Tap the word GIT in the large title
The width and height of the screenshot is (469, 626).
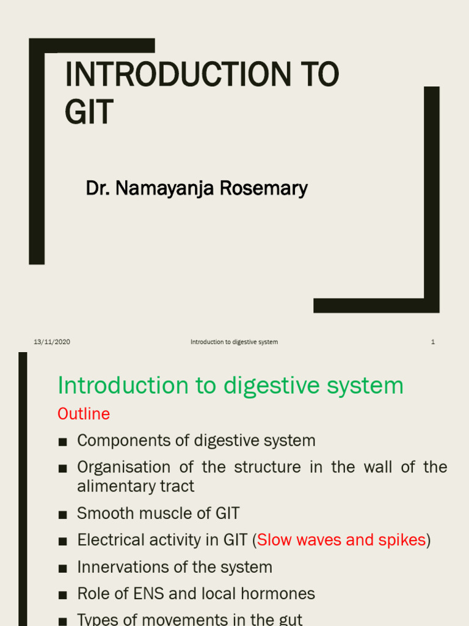click(89, 112)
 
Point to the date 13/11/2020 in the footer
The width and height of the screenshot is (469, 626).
click(52, 342)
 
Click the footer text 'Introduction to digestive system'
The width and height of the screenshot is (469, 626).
click(234, 342)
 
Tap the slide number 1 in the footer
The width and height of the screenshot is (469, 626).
click(432, 342)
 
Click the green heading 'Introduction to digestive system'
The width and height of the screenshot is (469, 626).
click(230, 386)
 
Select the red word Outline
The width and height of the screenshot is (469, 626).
click(84, 414)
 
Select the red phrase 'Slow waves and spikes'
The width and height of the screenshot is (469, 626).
click(341, 540)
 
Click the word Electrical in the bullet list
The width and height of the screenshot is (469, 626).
click(111, 540)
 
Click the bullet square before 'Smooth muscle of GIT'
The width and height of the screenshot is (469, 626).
click(62, 515)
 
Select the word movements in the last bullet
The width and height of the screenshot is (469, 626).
click(181, 619)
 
